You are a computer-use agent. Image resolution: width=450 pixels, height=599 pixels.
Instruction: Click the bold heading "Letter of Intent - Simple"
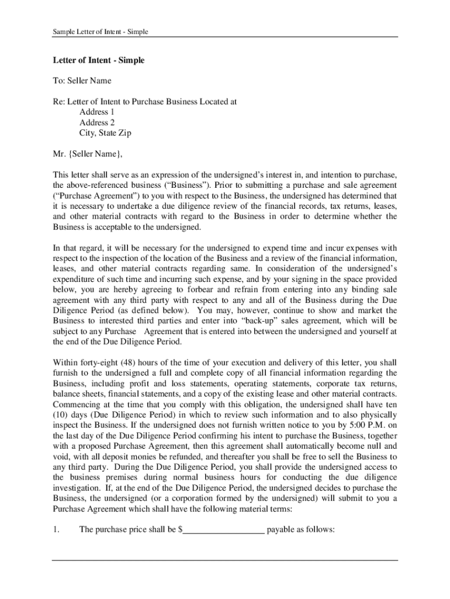tap(98, 60)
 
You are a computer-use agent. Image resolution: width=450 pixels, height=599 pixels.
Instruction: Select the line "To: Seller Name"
tap(82, 81)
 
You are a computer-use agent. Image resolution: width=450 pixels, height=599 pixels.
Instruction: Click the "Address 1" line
tap(97, 112)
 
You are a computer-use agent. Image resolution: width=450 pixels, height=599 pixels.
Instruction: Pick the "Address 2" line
tap(97, 122)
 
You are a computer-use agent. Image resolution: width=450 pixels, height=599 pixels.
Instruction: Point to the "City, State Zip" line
tap(105, 133)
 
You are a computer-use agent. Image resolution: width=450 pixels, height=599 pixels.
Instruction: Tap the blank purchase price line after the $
tap(224, 530)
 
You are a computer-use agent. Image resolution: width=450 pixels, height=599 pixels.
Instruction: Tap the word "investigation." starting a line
tap(77, 488)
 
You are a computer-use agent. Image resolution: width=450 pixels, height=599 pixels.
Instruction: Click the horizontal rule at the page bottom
tap(225, 560)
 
